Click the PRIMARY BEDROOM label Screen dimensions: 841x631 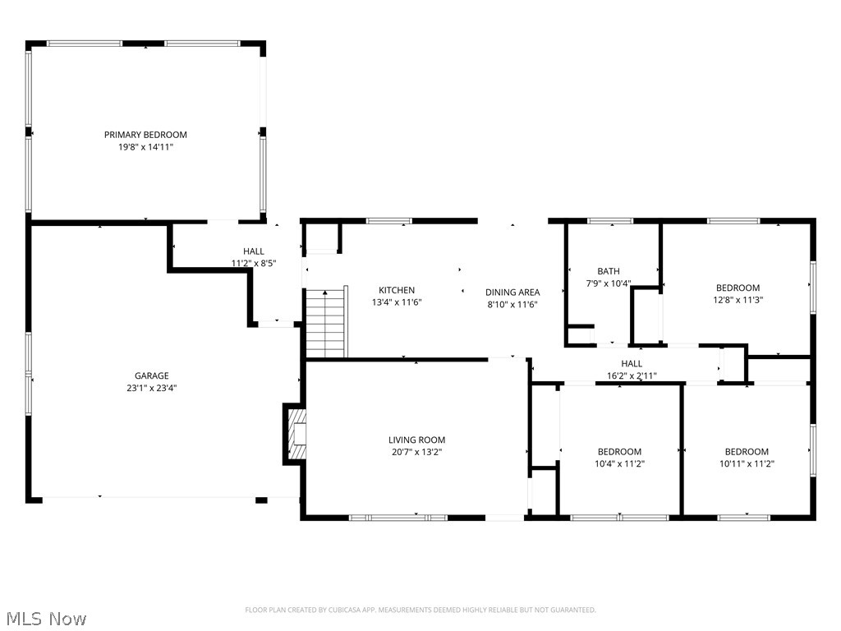145,135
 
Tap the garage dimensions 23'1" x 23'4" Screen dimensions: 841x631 152,388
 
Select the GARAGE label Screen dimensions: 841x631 152,375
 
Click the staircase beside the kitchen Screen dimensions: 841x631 326,322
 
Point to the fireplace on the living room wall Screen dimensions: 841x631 296,434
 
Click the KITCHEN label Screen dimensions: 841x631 397,290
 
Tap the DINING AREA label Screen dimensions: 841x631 512,292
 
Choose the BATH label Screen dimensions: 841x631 609,271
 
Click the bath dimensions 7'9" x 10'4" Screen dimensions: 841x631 609,283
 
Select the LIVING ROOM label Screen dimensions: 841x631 416,440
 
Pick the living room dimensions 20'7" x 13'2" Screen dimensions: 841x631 416,453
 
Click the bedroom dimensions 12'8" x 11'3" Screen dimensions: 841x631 738,300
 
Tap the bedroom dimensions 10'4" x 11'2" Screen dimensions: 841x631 619,463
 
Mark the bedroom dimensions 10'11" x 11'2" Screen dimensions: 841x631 747,463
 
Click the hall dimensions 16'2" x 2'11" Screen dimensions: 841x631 632,376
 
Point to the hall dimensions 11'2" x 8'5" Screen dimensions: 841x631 254,264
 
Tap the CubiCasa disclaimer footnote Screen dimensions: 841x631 420,610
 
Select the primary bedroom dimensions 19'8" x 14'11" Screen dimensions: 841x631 146,147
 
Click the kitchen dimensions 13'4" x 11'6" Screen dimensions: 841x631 397,302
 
